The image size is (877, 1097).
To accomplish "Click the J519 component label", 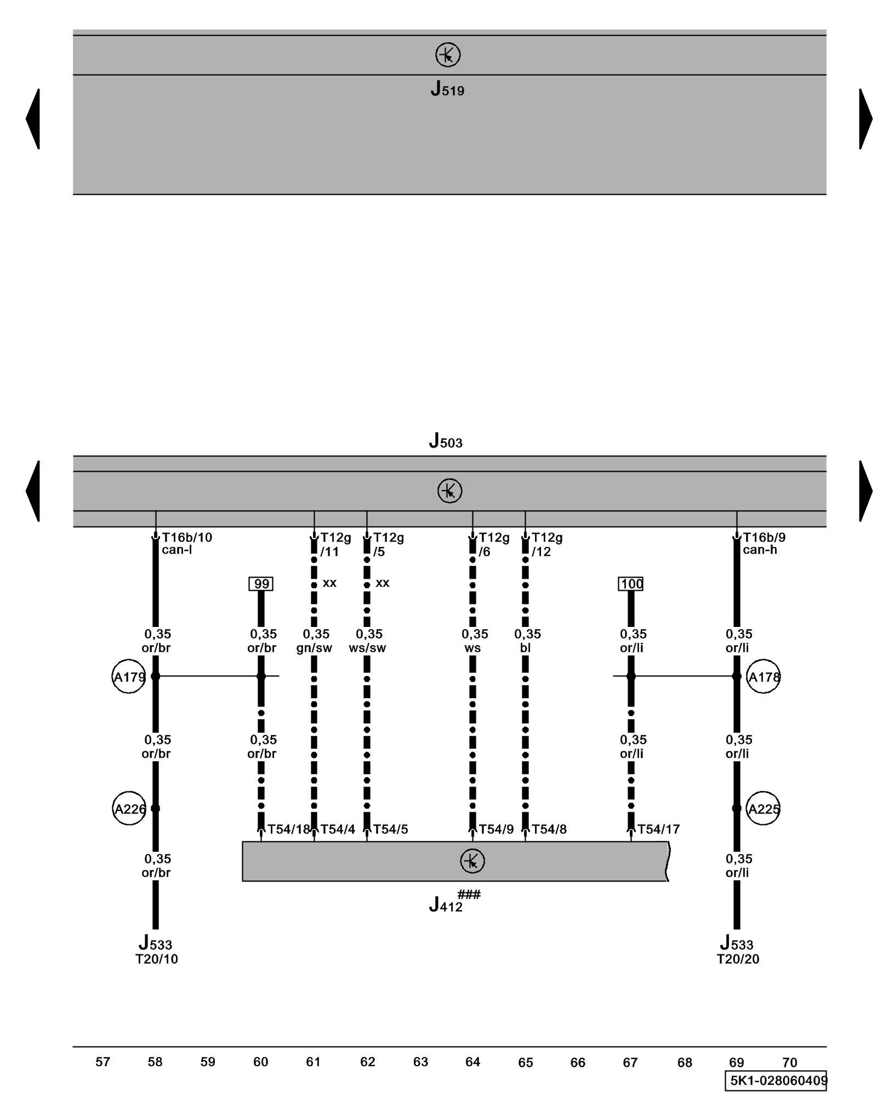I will tap(447, 89).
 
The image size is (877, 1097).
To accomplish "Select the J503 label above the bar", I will tap(445, 441).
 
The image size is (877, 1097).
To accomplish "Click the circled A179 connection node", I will tap(129, 676).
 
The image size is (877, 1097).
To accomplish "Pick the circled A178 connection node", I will tap(763, 676).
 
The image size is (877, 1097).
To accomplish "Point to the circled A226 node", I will tap(129, 808).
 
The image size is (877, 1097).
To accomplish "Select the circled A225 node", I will tap(763, 808).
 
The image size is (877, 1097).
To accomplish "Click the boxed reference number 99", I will tap(261, 584).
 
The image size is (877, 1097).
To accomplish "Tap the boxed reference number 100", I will tap(630, 584).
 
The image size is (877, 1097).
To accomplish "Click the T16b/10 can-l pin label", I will tap(186, 543).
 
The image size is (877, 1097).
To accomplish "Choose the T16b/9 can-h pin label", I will tap(763, 543).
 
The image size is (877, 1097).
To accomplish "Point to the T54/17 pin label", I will tap(658, 829).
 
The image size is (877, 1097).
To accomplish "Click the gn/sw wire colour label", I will tap(314, 648).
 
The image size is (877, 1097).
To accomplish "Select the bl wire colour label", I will tap(525, 648).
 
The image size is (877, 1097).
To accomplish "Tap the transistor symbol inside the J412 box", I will tap(472, 861).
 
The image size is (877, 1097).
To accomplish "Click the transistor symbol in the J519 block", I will tap(447, 55).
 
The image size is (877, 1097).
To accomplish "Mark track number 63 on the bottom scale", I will tap(420, 1062).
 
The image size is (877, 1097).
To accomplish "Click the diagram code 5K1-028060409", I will tap(776, 1081).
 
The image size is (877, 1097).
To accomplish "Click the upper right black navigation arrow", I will tap(865, 118).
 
